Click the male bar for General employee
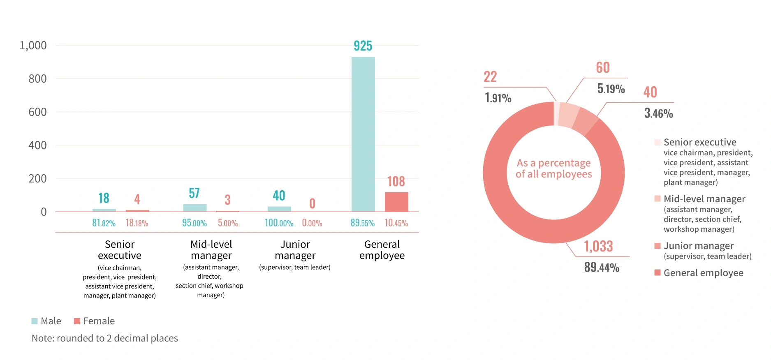[363, 134]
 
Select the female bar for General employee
[396, 202]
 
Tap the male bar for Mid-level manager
[194, 208]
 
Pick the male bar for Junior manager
[279, 209]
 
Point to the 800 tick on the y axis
[37, 78]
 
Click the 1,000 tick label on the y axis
[33, 45]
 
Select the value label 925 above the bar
[363, 46]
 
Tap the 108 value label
[396, 181]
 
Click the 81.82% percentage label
[104, 223]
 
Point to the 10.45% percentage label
[396, 223]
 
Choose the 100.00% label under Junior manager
[279, 223]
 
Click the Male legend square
[35, 321]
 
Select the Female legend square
[77, 321]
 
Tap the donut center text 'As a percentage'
[553, 163]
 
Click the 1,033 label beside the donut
[598, 246]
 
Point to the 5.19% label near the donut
[611, 88]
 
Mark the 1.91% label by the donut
[498, 98]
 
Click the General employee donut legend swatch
[658, 273]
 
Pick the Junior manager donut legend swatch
[658, 246]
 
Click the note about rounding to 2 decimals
[105, 338]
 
